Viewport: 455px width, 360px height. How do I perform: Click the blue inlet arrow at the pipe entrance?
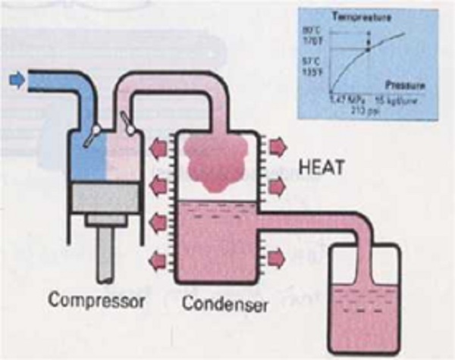[x=14, y=78]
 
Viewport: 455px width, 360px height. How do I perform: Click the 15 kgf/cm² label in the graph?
[x=399, y=99]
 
